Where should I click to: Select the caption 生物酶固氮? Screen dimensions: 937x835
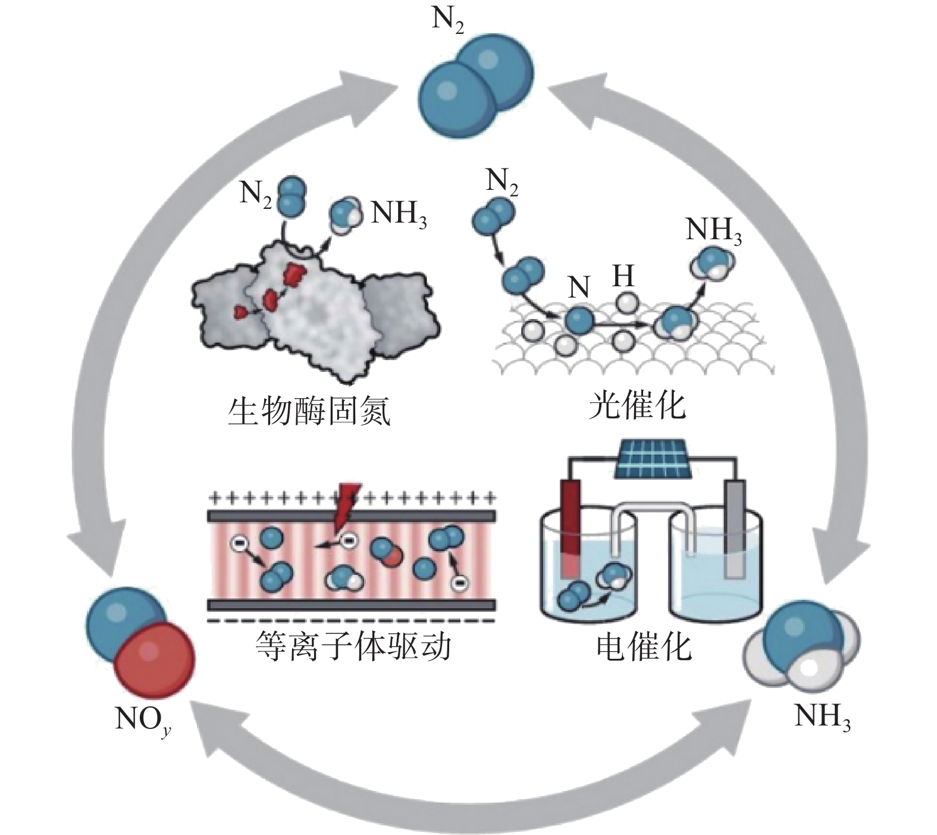tap(309, 412)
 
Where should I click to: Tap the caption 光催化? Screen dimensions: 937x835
tap(637, 406)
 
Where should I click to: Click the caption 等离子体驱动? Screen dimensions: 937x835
tap(352, 646)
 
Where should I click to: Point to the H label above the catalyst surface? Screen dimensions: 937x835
tap(623, 276)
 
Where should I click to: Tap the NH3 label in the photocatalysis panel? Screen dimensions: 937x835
tap(714, 232)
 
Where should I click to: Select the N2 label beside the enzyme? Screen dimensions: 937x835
tap(256, 194)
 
